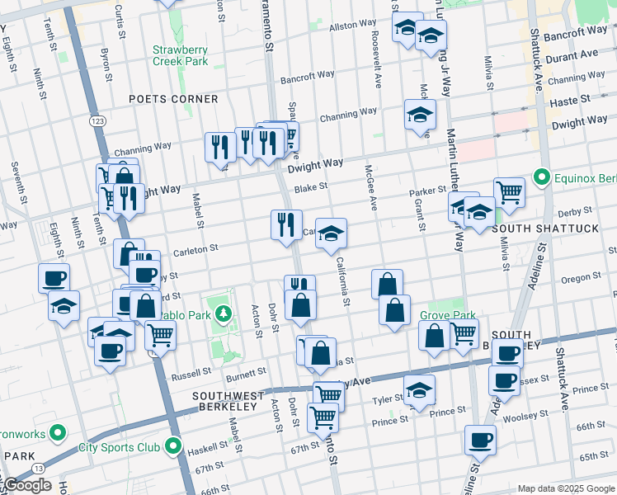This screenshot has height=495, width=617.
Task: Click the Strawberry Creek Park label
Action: pos(180,54)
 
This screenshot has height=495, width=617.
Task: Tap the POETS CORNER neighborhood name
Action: pos(174,99)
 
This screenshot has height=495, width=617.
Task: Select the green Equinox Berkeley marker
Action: pos(541,177)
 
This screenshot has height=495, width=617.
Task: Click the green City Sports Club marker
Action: pos(172,448)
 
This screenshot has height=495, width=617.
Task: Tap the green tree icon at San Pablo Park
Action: pos(223,314)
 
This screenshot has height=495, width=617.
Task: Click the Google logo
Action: pos(26,485)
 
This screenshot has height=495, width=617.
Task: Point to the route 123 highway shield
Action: pos(97,121)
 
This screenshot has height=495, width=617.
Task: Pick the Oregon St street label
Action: pos(582,279)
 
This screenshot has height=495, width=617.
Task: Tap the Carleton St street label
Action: pos(195,247)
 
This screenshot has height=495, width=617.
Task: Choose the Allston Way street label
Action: pos(352,26)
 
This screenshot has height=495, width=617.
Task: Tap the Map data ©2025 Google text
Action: pos(565,488)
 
